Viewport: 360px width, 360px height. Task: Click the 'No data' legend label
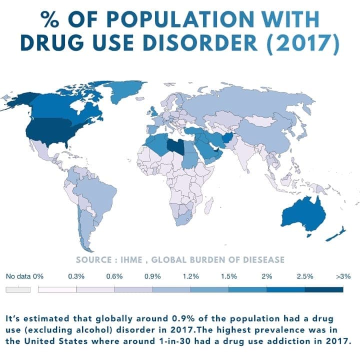point(18,275)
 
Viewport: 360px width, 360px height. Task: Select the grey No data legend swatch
point(18,289)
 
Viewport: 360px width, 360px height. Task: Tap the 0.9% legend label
point(152,275)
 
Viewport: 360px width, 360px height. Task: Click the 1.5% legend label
point(228,275)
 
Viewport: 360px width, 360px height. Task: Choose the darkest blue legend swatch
point(324,289)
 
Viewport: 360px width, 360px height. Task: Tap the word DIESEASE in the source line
point(262,259)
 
